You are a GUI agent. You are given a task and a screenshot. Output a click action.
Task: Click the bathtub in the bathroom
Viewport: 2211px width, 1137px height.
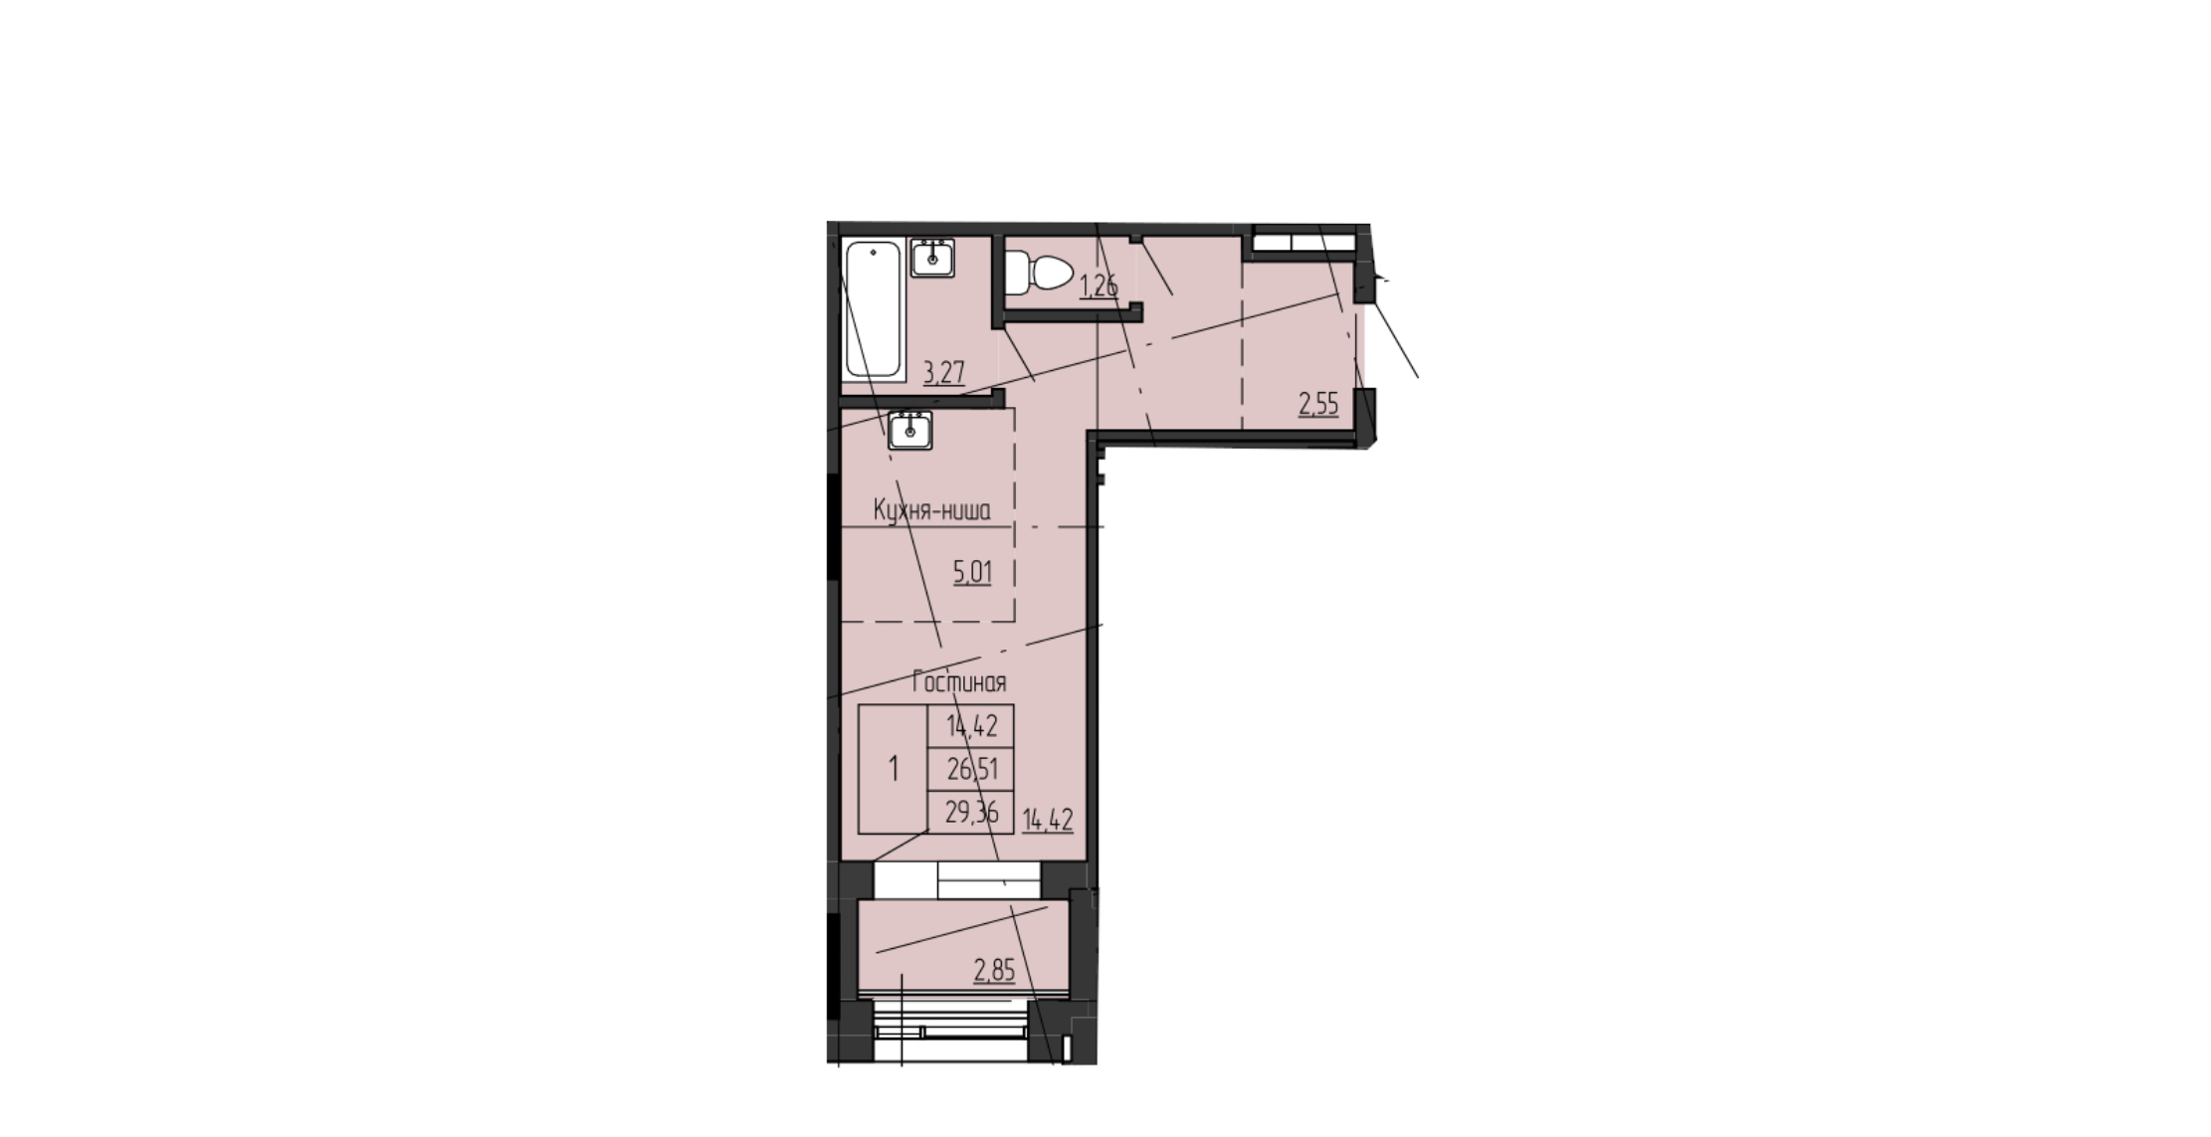point(874,309)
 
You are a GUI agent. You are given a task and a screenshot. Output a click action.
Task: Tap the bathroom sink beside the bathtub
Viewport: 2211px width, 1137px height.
point(933,258)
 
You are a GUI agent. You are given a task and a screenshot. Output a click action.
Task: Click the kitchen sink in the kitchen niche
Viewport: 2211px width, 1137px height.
point(909,431)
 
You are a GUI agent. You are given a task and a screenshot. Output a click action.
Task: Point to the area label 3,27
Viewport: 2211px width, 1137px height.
point(944,373)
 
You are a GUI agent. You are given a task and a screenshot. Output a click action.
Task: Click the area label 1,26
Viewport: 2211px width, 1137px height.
point(1099,286)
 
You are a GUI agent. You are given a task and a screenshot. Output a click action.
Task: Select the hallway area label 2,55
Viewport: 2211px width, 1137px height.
point(1318,404)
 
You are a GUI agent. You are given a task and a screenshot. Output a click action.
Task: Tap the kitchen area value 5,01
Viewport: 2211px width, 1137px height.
point(972,572)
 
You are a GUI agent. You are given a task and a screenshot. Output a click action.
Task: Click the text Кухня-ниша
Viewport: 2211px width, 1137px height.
point(931,511)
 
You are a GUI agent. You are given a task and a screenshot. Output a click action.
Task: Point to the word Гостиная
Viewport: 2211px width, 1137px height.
point(959,682)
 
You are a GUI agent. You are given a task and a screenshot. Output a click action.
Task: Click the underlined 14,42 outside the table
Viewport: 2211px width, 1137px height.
point(1048,821)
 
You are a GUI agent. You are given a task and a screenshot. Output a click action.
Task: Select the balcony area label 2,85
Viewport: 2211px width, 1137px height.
point(994,970)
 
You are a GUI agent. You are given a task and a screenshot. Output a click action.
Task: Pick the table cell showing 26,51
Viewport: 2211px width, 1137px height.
point(971,769)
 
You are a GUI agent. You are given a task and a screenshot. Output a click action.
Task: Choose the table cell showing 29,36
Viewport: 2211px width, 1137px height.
point(971,813)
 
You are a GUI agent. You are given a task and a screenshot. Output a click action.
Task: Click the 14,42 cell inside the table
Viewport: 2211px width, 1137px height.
point(971,726)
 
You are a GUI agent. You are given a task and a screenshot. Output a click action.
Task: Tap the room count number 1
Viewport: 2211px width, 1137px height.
point(894,769)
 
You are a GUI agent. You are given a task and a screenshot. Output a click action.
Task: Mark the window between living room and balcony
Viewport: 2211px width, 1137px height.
point(956,879)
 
